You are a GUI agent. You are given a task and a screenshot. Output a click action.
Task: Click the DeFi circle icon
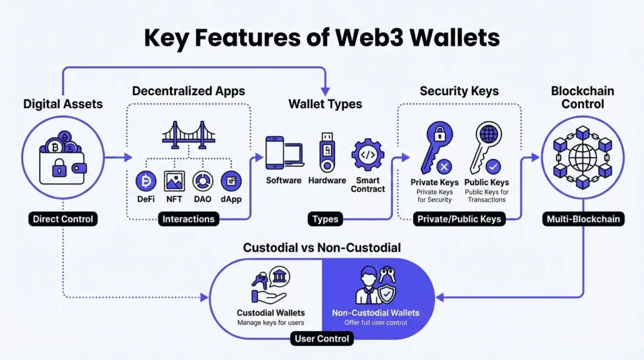147,181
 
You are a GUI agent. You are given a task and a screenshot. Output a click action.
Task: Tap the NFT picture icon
174,181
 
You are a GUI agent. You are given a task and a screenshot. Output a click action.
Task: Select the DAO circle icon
203,181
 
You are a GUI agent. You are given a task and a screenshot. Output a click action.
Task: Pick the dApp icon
231,181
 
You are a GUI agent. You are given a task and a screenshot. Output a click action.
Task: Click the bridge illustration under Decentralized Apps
189,134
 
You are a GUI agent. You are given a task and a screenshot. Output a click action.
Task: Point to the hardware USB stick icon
326,151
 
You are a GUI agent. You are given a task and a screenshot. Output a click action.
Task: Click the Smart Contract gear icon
367,155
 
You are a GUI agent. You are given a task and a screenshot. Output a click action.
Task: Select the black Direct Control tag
63,219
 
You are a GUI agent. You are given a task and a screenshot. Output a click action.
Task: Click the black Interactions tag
188,219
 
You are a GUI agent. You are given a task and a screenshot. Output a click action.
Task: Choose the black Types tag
325,219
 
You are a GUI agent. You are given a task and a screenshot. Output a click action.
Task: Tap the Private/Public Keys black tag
458,219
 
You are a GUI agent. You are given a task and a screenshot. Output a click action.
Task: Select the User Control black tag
322,339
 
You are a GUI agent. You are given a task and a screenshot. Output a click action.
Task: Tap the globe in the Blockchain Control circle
582,154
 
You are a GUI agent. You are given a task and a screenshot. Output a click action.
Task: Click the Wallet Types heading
325,104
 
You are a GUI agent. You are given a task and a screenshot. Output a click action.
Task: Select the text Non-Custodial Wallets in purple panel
375,312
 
